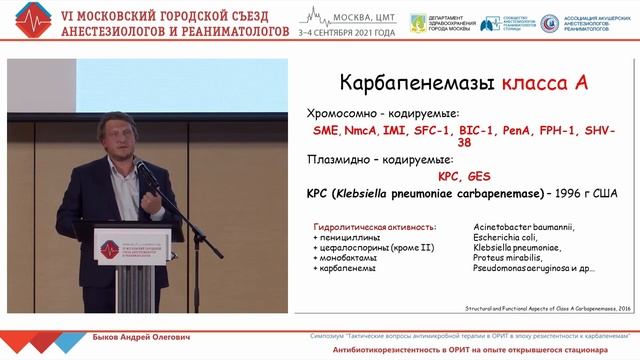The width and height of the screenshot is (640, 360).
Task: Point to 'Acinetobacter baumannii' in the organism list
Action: point(523,227)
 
